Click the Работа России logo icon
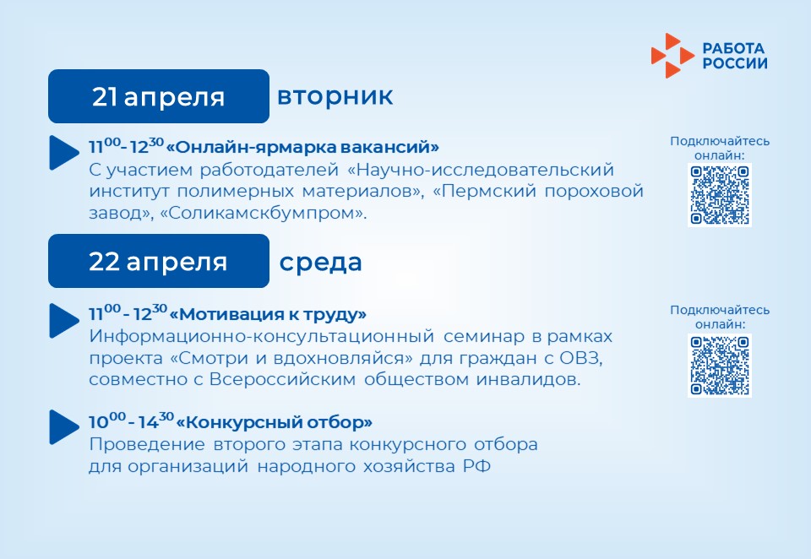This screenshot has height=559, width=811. click(672, 56)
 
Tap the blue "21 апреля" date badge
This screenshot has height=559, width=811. click(159, 96)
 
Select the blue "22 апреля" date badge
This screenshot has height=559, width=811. click(159, 261)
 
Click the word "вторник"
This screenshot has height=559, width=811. click(335, 97)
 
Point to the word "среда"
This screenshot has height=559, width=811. click(320, 262)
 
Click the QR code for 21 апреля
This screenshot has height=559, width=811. click(720, 194)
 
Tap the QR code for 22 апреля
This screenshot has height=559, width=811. click(720, 365)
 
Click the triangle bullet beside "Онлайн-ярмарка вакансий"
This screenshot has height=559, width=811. click(63, 153)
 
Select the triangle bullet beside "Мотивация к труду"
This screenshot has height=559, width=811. click(63, 321)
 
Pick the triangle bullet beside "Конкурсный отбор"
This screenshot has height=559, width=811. click(63, 427)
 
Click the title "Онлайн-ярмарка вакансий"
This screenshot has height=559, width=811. click(302, 148)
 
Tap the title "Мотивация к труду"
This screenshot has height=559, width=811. click(268, 314)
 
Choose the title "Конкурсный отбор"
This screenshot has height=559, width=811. click(274, 422)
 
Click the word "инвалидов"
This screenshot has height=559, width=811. click(528, 379)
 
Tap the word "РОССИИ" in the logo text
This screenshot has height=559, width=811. click(735, 63)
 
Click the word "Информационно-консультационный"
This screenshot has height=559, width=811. click(262, 337)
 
